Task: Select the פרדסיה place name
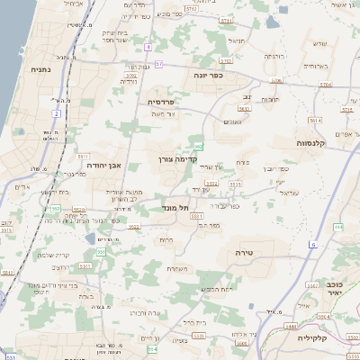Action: (x=161, y=102)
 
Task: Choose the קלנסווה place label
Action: (x=316, y=142)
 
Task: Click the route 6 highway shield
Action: (x=311, y=244)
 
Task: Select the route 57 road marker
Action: (x=158, y=64)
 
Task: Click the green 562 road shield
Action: (x=198, y=145)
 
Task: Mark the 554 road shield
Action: (x=152, y=348)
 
